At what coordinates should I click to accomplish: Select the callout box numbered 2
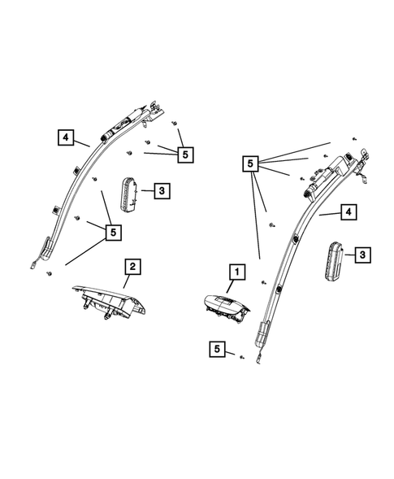(131, 265)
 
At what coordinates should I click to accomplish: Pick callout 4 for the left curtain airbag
(66, 137)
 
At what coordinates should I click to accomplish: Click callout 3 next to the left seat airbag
(162, 191)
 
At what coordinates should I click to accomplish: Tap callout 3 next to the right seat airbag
(363, 255)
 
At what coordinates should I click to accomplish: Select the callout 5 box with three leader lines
(185, 152)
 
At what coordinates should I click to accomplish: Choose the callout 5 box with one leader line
(216, 350)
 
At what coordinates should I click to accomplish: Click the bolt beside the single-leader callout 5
(241, 355)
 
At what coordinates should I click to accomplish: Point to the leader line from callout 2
(126, 280)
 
